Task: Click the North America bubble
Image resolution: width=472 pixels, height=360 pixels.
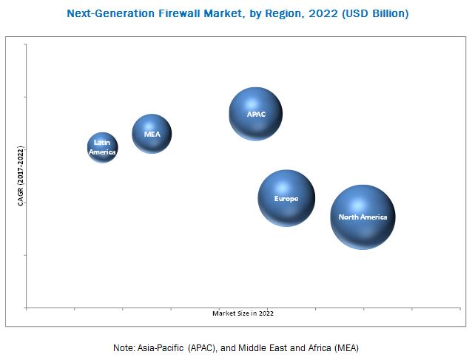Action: [363, 217]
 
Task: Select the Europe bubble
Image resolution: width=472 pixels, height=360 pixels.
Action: [286, 198]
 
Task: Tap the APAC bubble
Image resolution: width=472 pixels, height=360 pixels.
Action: [255, 113]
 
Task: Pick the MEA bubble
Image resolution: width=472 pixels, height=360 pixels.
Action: [152, 134]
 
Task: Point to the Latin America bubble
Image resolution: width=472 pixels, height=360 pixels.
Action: [103, 148]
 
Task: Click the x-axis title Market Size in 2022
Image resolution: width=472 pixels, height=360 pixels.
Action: [243, 313]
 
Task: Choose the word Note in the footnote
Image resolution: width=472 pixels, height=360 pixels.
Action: [124, 347]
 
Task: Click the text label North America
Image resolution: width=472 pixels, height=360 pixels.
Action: [363, 217]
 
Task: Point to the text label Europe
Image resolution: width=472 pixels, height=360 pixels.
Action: [286, 199]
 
